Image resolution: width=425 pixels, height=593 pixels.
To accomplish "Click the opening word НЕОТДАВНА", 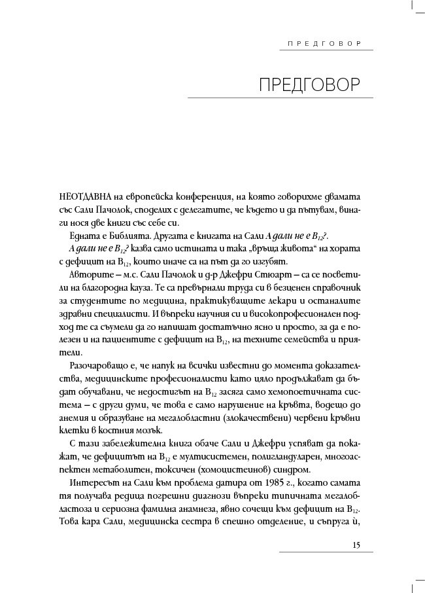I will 82,196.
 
